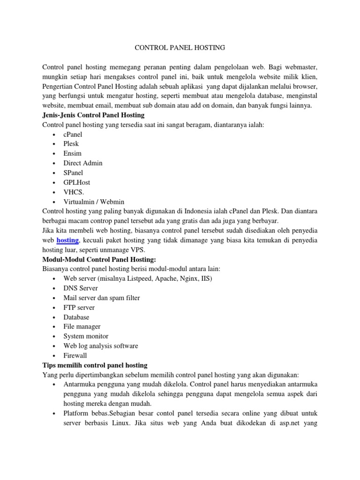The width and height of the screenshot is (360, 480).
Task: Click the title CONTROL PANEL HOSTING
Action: click(180, 47)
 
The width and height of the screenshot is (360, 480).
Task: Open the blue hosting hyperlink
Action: click(67, 240)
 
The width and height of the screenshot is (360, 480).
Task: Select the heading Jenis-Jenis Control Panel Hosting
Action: click(93, 115)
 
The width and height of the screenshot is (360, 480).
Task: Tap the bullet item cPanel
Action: click(73, 134)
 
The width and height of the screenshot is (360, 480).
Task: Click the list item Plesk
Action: click(71, 144)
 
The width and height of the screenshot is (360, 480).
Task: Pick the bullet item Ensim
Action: click(73, 153)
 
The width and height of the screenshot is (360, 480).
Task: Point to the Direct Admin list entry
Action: click(83, 163)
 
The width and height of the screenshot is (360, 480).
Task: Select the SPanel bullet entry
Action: click(74, 172)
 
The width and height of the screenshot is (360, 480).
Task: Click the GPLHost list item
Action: click(77, 182)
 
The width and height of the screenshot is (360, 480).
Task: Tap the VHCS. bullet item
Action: click(74, 192)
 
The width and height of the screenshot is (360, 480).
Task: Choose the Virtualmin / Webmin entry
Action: click(94, 202)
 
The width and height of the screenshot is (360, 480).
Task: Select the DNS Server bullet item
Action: click(81, 288)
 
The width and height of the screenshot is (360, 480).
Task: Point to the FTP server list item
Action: click(79, 307)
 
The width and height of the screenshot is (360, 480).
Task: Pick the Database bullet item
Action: click(76, 317)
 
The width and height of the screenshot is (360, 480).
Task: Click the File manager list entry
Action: click(82, 327)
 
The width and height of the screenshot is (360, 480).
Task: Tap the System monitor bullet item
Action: click(86, 336)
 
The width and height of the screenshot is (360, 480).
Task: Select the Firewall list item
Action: click(75, 356)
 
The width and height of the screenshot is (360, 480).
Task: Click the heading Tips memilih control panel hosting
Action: click(95, 365)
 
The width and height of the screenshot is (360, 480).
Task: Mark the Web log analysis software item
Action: click(101, 346)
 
